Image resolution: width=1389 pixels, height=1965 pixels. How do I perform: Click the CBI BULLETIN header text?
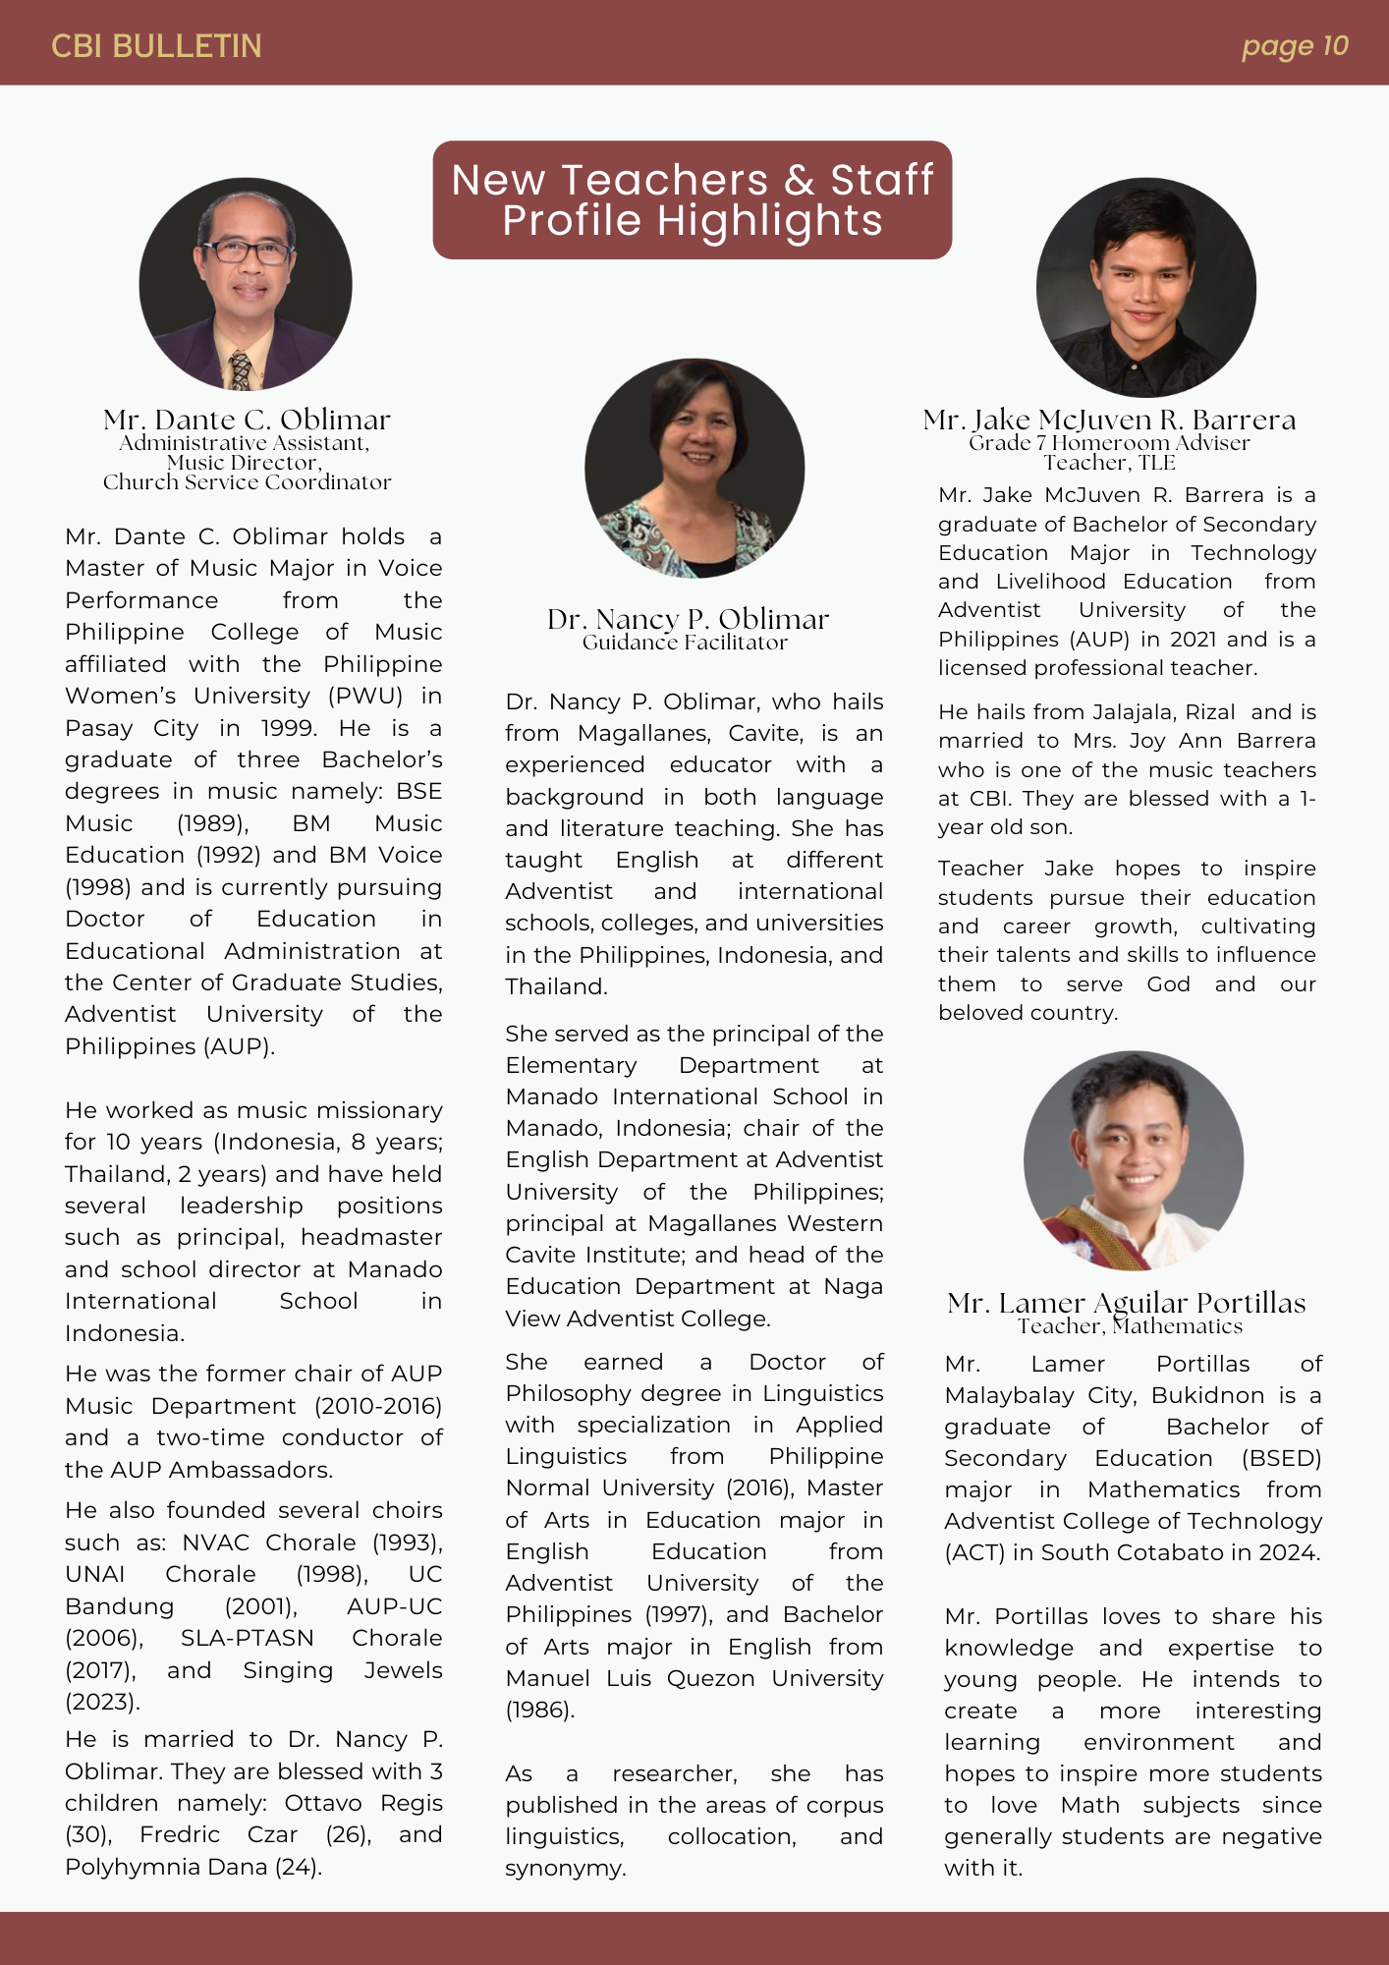pyautogui.click(x=156, y=46)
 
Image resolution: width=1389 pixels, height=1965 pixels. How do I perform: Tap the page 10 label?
pyautogui.click(x=1294, y=46)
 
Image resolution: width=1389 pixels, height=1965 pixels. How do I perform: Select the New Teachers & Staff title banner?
pyautogui.click(x=692, y=200)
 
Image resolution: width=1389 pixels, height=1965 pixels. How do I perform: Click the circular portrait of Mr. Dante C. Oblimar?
pyautogui.click(x=246, y=284)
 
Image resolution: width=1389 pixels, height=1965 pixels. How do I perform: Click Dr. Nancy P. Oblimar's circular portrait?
pyautogui.click(x=694, y=468)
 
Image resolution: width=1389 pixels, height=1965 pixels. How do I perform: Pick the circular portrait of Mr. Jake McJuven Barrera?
pyautogui.click(x=1145, y=287)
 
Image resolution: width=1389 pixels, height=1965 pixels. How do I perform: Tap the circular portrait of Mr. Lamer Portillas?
pyautogui.click(x=1134, y=1160)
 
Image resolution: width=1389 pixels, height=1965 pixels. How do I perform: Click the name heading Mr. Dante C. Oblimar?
pyautogui.click(x=247, y=421)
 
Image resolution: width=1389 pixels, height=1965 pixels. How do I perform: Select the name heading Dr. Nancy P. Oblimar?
pyautogui.click(x=688, y=619)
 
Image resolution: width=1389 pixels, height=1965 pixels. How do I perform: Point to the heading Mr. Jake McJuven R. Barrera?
pyautogui.click(x=1109, y=421)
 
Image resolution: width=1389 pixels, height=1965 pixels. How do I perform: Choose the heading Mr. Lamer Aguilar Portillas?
pyautogui.click(x=1126, y=1303)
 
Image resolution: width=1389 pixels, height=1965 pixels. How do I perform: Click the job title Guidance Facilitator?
pyautogui.click(x=685, y=643)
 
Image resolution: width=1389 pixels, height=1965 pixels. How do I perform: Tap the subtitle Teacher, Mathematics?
pyautogui.click(x=1130, y=1326)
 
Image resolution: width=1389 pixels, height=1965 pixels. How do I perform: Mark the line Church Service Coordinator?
pyautogui.click(x=247, y=482)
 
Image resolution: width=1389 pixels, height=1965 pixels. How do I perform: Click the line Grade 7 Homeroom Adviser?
pyautogui.click(x=1109, y=443)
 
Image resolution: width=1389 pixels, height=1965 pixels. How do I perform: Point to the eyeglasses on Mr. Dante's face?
pyautogui.click(x=247, y=252)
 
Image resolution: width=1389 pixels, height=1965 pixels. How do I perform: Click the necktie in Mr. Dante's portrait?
pyautogui.click(x=240, y=370)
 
